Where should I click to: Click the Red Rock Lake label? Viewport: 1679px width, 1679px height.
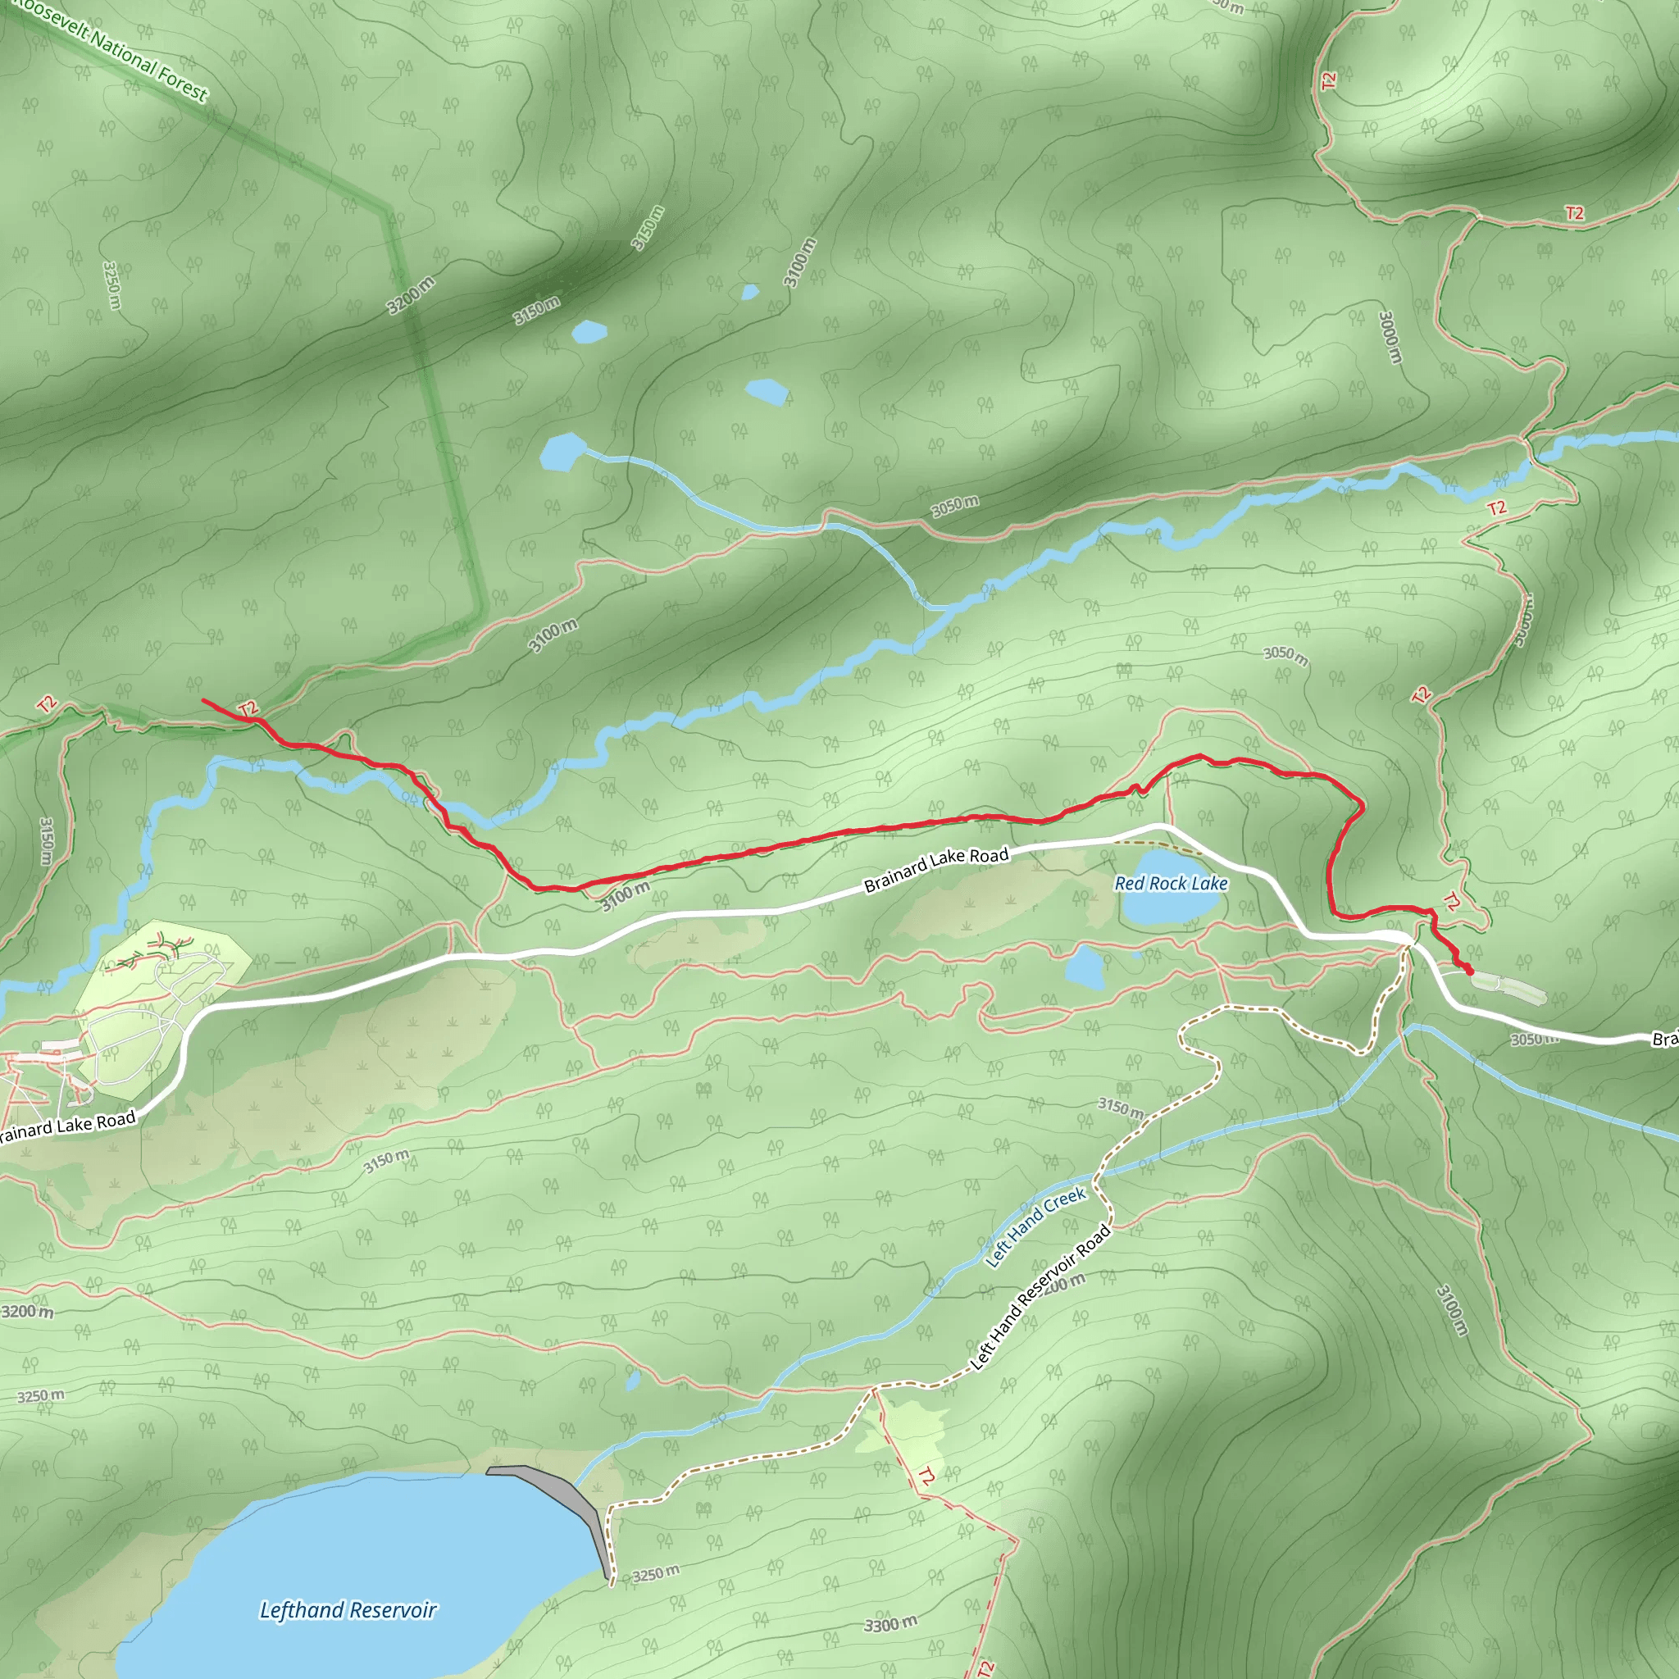[1171, 884]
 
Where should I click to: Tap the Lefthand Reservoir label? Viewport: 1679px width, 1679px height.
[348, 1609]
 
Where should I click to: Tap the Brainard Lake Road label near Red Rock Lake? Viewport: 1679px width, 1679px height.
[936, 869]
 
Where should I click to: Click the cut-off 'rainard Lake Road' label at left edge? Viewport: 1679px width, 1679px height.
[68, 1126]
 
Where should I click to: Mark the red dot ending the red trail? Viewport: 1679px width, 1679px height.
[1470, 971]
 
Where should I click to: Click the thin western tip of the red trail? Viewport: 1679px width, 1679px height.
[205, 700]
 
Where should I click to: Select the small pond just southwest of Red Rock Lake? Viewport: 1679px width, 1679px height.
[1085, 967]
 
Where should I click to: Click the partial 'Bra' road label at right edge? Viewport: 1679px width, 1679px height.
[1664, 1040]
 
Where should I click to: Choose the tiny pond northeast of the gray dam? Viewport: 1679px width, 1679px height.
[634, 1379]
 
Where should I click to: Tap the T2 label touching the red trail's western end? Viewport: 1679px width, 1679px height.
[248, 709]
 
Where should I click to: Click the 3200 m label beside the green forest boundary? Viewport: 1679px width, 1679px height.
[411, 295]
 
